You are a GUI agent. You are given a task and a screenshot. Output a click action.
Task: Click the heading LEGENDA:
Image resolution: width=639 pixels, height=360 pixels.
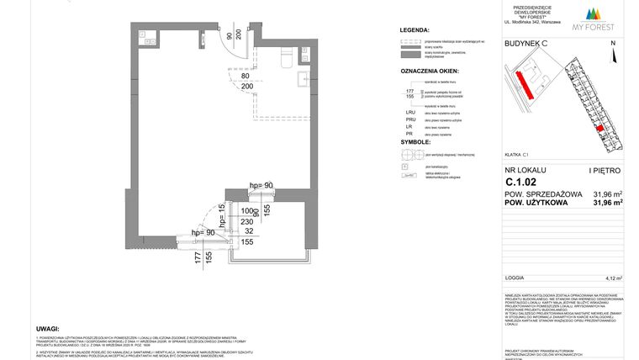tap(415, 29)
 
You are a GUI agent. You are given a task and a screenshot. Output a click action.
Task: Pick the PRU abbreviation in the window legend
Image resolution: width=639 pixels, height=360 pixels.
tap(410, 121)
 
